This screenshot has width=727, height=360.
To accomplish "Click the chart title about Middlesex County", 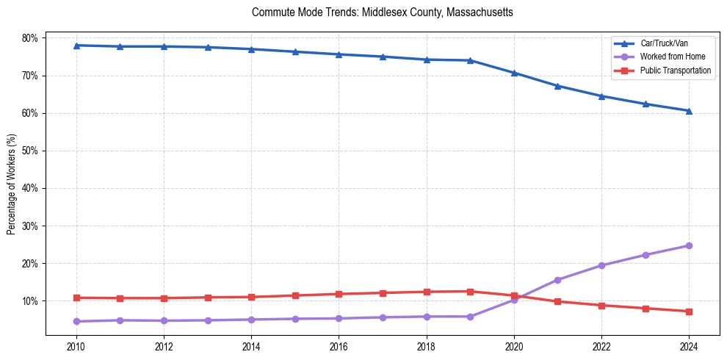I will coord(382,12).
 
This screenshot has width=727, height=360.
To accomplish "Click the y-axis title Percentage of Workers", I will coord(12,184).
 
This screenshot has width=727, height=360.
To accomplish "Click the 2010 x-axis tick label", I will coord(76,347).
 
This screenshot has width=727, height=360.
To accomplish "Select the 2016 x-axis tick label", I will coord(339,347).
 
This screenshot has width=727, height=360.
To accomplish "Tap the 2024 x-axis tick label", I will coord(689,347).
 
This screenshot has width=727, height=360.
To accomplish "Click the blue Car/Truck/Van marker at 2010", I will coord(76,46).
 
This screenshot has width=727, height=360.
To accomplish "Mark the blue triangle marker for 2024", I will coord(689,111).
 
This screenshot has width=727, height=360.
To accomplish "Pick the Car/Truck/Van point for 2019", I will coord(470,60).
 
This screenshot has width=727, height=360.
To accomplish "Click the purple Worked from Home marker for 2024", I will coord(689,245).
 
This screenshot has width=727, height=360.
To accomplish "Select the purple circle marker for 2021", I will coord(557,280).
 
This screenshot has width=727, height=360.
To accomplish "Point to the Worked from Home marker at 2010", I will coord(76,321).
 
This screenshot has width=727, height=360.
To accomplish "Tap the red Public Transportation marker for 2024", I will coord(689,312).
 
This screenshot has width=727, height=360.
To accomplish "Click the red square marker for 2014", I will coord(251,297).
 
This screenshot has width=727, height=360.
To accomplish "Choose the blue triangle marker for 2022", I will coord(601,96).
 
